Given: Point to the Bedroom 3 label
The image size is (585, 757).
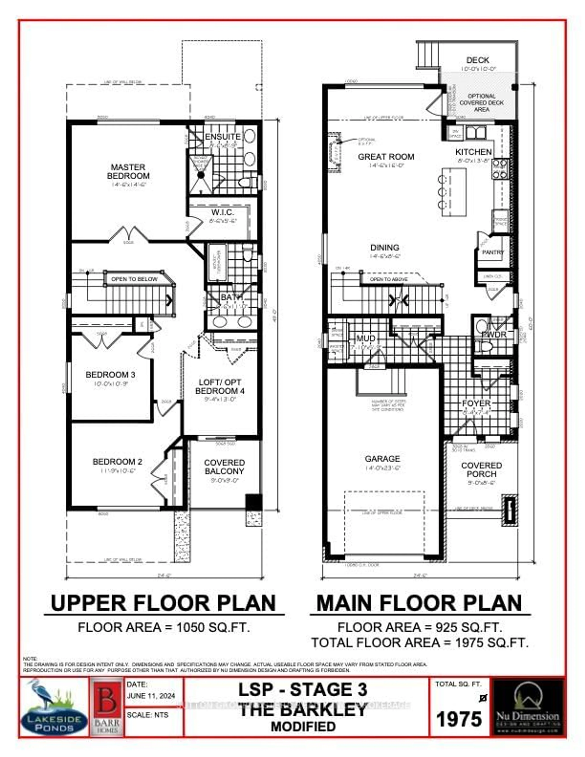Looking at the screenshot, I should click(x=110, y=375).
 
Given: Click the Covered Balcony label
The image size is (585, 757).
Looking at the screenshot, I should click(x=224, y=467).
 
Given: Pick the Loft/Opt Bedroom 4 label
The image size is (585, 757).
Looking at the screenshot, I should click(x=220, y=387).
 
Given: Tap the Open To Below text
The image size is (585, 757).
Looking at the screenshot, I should click(x=134, y=279).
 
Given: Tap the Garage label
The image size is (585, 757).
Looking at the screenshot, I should click(x=382, y=459).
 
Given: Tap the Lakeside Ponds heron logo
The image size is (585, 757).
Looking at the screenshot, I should click(x=54, y=707).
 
